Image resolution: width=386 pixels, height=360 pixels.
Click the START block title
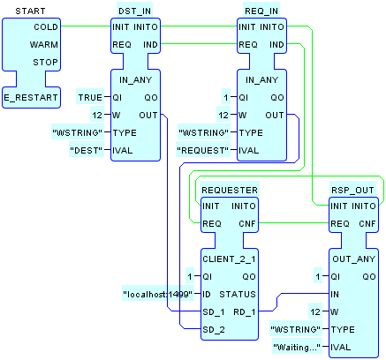30,11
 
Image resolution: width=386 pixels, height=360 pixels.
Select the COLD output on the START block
46,27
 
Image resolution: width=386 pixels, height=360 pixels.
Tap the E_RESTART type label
31,97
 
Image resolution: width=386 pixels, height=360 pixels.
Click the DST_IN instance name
134,11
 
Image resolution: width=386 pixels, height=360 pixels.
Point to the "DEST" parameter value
87,150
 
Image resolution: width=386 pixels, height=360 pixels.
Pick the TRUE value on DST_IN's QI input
90,97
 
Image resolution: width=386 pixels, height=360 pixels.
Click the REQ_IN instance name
261,11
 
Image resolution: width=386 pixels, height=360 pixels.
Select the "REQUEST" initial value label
203,150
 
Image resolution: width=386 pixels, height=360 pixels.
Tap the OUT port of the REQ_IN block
275,115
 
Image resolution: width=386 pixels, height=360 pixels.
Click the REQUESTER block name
230,190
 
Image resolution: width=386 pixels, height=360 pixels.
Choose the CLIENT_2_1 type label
229,259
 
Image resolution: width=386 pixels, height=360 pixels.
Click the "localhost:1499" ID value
158,294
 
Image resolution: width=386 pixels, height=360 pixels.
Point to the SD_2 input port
214,329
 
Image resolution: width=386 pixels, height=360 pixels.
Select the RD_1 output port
245,311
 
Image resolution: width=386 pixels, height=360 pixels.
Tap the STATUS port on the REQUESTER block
238,294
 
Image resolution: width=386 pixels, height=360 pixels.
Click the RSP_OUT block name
352,190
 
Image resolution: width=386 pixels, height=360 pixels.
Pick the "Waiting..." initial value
297,348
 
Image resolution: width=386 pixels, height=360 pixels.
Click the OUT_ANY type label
354,259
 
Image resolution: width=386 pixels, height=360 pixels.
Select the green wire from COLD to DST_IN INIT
86,26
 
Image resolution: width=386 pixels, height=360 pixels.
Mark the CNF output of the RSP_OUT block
367,224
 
